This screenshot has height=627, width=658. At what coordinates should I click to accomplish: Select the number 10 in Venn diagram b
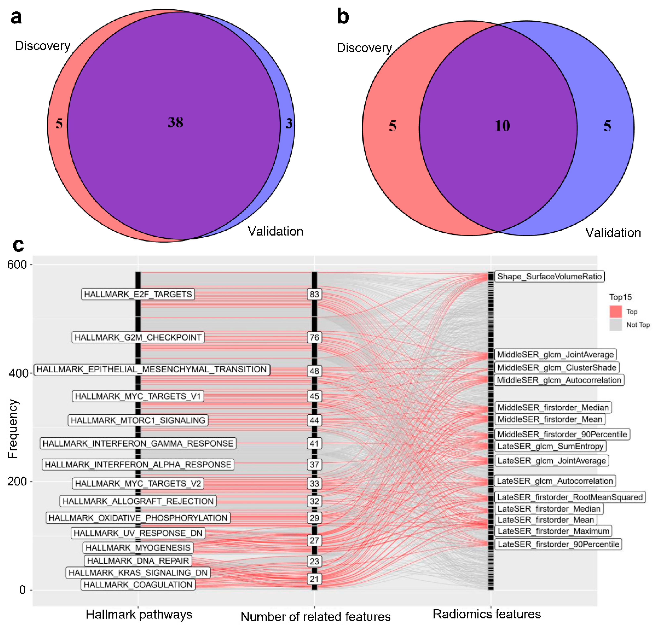click(x=502, y=126)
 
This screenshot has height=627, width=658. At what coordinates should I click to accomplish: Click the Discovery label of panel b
click(x=364, y=48)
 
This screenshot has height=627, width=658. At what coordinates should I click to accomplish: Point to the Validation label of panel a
click(x=275, y=231)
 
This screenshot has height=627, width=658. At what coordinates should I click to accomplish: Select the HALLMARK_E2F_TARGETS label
click(x=138, y=294)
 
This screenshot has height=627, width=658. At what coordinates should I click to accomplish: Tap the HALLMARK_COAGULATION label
click(x=138, y=585)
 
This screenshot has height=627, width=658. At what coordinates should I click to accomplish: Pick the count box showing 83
click(x=314, y=294)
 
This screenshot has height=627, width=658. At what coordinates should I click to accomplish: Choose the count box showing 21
click(x=314, y=579)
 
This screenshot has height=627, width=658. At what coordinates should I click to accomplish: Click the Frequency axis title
click(x=13, y=429)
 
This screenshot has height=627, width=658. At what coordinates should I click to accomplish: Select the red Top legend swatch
click(x=616, y=311)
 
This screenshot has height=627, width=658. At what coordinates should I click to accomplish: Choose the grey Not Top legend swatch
click(x=616, y=325)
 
